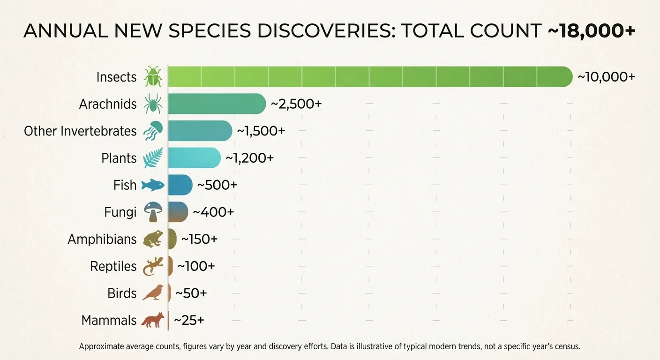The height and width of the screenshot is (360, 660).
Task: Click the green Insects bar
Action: (x=370, y=77)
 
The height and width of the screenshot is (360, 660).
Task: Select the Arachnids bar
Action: (x=217, y=104)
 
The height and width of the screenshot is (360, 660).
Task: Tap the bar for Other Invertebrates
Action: (x=200, y=131)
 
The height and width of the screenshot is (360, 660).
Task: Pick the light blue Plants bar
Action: (x=194, y=158)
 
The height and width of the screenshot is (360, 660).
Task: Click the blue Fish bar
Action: (x=180, y=185)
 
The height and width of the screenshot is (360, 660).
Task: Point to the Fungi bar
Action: (x=178, y=212)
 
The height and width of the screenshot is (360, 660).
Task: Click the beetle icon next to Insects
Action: (x=153, y=77)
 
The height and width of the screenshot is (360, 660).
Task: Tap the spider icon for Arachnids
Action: (x=153, y=104)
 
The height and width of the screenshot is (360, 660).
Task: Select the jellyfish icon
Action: (x=153, y=131)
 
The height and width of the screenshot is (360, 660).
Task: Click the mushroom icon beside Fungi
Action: (x=153, y=212)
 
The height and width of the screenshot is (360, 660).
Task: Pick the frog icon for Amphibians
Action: (x=153, y=239)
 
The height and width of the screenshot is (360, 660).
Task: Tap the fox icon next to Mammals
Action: (x=153, y=321)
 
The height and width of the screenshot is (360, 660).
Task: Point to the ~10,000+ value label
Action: (x=606, y=77)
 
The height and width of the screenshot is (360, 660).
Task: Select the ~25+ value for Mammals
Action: (x=189, y=321)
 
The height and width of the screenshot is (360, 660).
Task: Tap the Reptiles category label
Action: (x=113, y=266)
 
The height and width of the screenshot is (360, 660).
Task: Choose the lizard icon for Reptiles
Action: (x=153, y=266)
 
